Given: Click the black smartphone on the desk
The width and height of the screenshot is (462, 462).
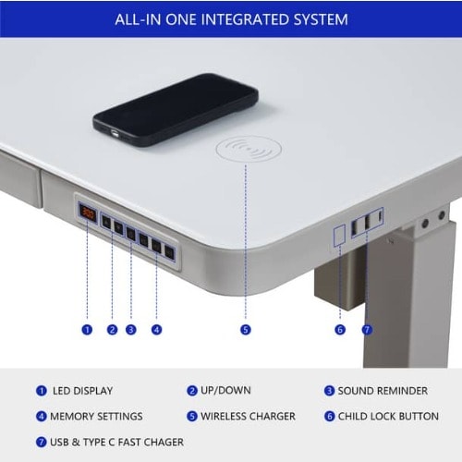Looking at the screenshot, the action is (x=176, y=110).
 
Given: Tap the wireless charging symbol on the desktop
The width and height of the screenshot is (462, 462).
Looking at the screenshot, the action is (x=249, y=149).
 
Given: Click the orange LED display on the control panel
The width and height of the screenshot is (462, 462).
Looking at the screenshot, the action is (x=88, y=213).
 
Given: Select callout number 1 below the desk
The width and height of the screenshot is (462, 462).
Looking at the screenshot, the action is (x=87, y=330).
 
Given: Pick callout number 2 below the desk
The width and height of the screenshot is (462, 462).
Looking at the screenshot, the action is (x=112, y=330).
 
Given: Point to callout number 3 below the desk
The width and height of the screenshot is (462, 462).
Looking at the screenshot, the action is (x=131, y=330).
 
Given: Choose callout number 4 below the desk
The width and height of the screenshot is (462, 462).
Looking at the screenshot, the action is (x=156, y=330).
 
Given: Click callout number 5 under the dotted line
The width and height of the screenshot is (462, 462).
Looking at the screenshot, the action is (x=246, y=330).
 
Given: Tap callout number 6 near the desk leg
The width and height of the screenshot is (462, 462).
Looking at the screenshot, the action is (x=340, y=330).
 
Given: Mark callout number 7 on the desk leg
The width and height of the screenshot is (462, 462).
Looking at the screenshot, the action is (x=367, y=330).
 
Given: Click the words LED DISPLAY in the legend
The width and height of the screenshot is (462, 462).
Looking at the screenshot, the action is (x=82, y=391).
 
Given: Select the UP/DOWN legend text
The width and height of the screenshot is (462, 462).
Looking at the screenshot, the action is (x=225, y=390).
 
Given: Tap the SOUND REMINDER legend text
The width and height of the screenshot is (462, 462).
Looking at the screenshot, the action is (x=383, y=391).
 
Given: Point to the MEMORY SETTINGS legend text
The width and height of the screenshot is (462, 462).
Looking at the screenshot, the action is (x=96, y=417).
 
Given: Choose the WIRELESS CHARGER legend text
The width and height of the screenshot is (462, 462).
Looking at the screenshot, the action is (x=248, y=417).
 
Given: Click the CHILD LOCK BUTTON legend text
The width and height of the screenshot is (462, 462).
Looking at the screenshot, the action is (x=388, y=417).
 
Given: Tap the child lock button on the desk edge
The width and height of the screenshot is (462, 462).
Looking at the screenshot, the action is (x=339, y=236).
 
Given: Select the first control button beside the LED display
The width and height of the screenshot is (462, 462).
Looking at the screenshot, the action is (x=106, y=222).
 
